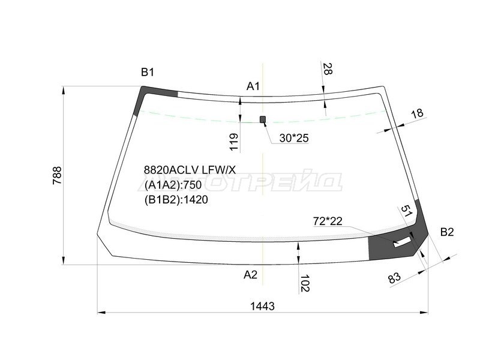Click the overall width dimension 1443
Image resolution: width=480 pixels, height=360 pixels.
tap(262, 306)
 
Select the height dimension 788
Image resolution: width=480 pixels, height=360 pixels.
tap(57, 175)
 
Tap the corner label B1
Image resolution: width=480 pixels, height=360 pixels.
tap(148, 72)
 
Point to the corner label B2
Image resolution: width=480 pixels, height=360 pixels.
tap(447, 232)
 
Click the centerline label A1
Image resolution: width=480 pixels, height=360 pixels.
tap(253, 86)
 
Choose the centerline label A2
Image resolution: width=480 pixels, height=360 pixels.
tap(250, 275)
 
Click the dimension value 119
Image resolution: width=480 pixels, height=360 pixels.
tap(233, 142)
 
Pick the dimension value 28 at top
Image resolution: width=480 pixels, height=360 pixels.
tap(327, 69)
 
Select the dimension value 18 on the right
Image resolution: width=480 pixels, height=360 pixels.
tap(417, 113)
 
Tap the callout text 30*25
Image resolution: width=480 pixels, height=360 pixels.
tap(294, 139)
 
